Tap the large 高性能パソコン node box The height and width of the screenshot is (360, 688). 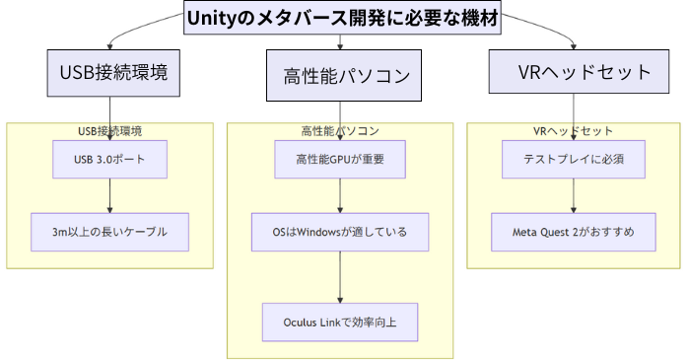[339, 76]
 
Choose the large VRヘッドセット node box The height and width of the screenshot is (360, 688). [573, 72]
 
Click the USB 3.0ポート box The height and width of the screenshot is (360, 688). [109, 159]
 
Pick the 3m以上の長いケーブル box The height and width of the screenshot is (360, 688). [109, 231]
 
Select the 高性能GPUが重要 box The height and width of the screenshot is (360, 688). [340, 159]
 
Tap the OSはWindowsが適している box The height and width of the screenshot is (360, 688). [340, 231]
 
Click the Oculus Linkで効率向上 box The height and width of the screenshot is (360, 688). [340, 322]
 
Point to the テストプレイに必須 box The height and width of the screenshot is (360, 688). [574, 159]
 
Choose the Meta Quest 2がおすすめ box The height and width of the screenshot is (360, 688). [574, 231]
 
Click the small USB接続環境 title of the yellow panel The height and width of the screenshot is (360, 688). [109, 130]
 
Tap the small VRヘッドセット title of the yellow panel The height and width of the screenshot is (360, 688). [574, 130]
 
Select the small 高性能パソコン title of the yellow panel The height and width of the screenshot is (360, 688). [340, 130]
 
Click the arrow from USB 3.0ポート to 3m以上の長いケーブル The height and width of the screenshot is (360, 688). [109, 195]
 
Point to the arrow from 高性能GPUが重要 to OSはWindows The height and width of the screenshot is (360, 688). [340, 195]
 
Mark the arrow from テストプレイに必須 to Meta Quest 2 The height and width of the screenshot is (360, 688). [574, 195]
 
